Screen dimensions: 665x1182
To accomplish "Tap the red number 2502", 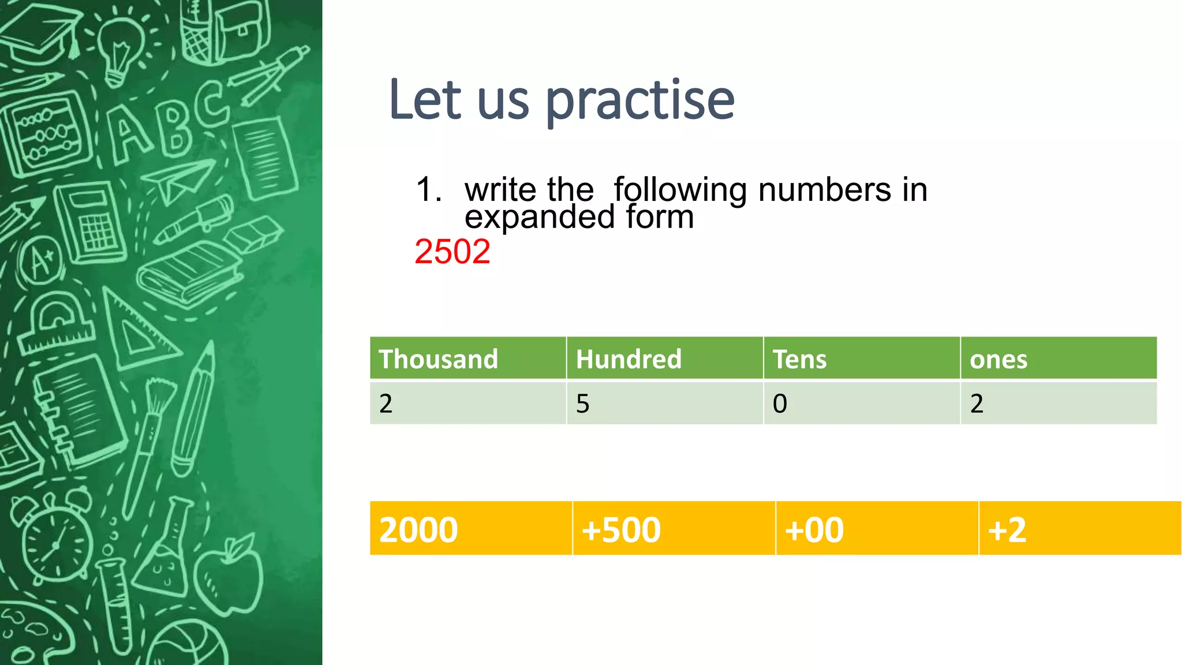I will pyautogui.click(x=452, y=252).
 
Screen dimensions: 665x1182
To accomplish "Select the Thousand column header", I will pyautogui.click(x=438, y=359).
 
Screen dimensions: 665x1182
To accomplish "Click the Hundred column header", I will pyautogui.click(x=629, y=359).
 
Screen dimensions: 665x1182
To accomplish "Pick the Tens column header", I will pyautogui.click(x=799, y=359).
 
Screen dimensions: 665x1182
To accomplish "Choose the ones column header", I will pyautogui.click(x=998, y=359).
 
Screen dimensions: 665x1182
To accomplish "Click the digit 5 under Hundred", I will pyautogui.click(x=583, y=404).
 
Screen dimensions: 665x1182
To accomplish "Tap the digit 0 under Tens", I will pyautogui.click(x=780, y=404).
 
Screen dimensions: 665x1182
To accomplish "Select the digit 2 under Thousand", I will pyautogui.click(x=386, y=404).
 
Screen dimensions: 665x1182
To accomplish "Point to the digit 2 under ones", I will pyautogui.click(x=977, y=404).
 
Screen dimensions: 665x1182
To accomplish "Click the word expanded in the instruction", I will pyautogui.click(x=539, y=217).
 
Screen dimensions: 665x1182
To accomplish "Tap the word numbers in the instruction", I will pyautogui.click(x=824, y=190).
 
